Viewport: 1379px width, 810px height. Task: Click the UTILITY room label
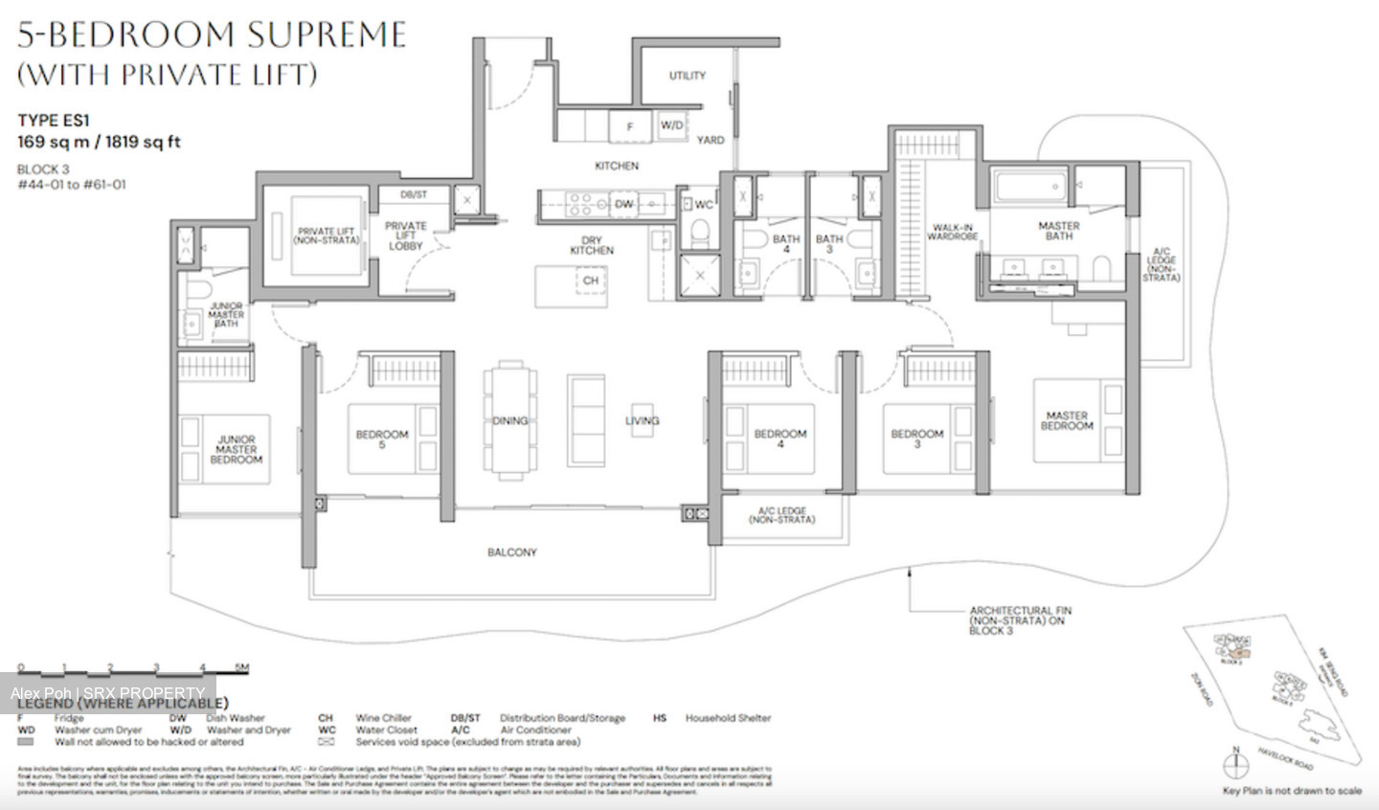(x=687, y=76)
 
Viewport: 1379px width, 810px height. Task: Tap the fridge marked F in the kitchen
(x=630, y=126)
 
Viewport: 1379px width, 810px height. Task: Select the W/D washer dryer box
(x=672, y=125)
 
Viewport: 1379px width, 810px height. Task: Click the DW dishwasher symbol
(x=623, y=204)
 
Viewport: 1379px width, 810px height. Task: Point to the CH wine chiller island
(x=590, y=281)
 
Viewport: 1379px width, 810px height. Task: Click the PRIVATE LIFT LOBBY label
(x=406, y=236)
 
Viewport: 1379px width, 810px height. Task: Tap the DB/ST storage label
(x=414, y=194)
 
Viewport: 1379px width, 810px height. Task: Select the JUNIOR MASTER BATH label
(x=226, y=314)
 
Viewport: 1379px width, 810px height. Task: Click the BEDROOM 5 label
(x=382, y=439)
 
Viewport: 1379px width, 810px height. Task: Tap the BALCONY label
(x=511, y=552)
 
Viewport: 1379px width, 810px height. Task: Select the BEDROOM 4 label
(x=780, y=439)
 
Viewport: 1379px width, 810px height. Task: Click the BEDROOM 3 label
(x=917, y=439)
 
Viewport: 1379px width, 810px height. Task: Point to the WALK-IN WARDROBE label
(x=952, y=233)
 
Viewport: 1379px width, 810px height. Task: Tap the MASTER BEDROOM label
(x=1067, y=420)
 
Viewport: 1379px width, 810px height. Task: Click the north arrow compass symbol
(x=1236, y=762)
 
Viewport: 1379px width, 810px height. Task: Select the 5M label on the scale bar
(x=241, y=667)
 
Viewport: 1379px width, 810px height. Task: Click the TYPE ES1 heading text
(x=53, y=120)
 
